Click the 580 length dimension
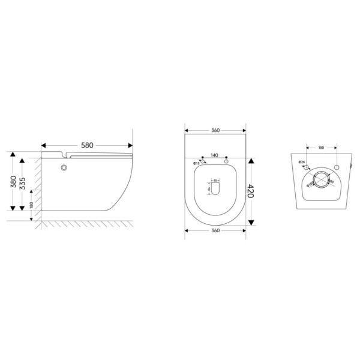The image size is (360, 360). coord(86,145)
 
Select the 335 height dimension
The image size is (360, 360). coord(23,185)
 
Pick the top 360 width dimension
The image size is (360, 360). coord(215,130)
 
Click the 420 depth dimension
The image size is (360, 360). coord(251,191)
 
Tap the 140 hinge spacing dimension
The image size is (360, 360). coord(215,155)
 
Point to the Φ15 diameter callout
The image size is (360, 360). coord(196,163)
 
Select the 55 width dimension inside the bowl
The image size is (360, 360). coord(215,179)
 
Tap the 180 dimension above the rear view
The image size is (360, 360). coord(321,147)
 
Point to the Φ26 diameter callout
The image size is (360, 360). coord(302,163)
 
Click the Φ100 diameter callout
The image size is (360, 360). coord(310,185)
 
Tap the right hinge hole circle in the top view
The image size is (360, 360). coord(227,162)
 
